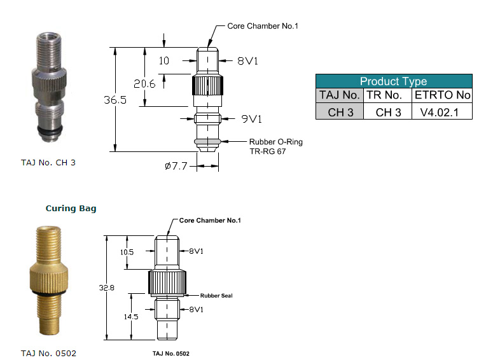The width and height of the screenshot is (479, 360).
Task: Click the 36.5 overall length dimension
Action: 115,100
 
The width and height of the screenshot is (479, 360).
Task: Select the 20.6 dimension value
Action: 144,84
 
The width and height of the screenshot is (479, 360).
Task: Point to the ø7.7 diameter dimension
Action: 176,166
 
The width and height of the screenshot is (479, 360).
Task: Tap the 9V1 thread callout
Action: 251,119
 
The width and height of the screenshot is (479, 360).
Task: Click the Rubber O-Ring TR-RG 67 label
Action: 276,146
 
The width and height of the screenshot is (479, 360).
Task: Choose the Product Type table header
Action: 394,81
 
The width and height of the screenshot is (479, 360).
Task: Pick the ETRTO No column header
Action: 442,95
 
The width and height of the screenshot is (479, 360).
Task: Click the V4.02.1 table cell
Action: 440,113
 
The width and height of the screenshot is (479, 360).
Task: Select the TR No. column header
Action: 384,95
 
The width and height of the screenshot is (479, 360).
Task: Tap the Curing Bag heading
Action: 71,209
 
